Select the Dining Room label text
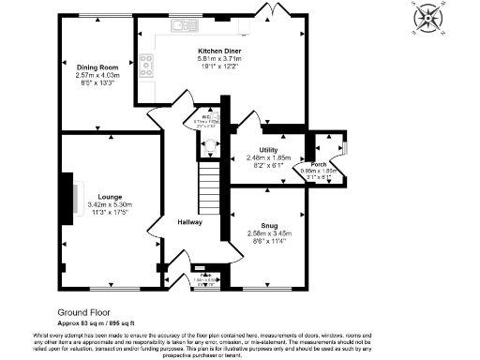[97, 67]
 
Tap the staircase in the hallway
[209, 187]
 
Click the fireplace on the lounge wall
[68, 198]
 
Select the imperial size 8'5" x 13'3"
[97, 82]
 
